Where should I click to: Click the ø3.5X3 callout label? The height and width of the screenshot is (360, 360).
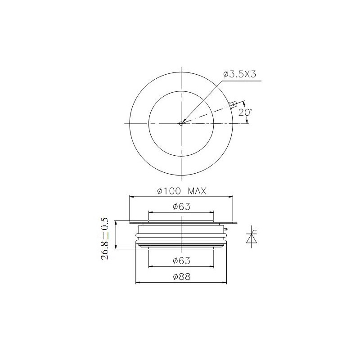[239, 74]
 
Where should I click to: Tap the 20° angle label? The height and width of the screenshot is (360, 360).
[245, 112]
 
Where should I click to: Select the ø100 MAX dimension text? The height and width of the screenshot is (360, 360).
[182, 191]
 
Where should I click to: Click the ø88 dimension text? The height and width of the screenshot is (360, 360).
[182, 277]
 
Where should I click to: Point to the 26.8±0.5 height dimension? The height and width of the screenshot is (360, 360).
[105, 238]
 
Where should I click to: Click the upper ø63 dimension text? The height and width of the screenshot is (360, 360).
[182, 207]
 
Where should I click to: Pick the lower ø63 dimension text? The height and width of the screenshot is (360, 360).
[182, 261]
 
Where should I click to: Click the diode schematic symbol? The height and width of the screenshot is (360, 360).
[252, 238]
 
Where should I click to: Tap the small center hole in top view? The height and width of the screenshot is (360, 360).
[181, 123]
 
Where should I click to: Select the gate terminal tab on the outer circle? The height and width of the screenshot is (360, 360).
[233, 105]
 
